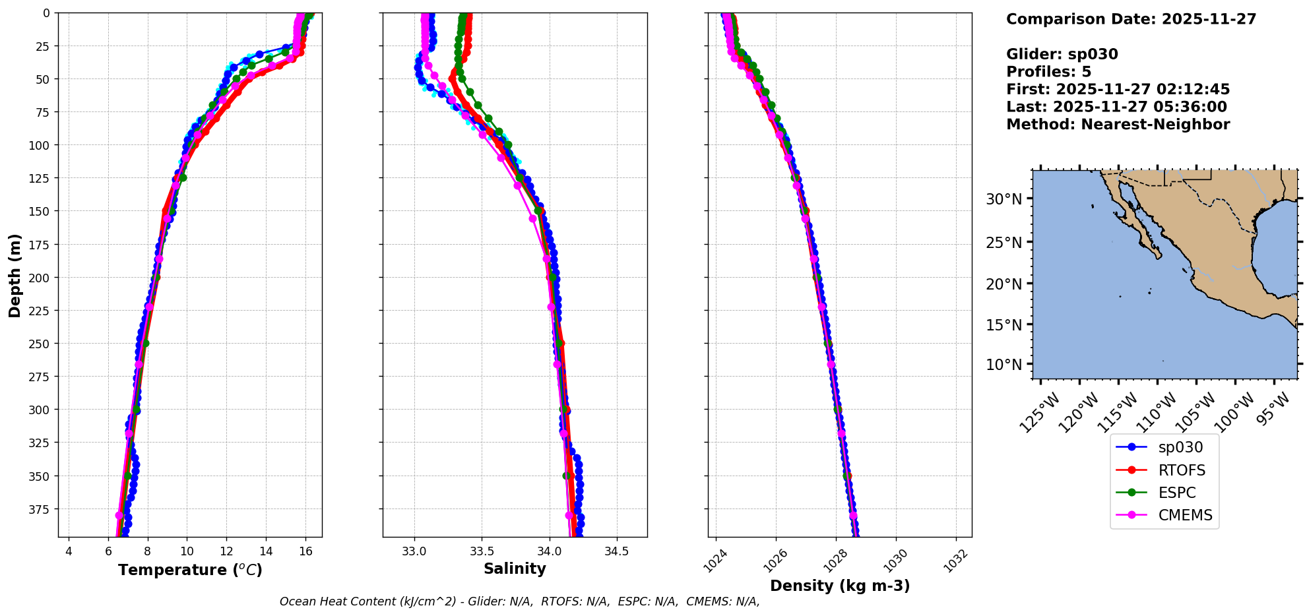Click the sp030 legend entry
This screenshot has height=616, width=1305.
[1180, 447]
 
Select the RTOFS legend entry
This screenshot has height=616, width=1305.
[1181, 470]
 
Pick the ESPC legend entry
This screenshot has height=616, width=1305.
[1176, 493]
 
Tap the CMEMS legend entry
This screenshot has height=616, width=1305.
[1185, 515]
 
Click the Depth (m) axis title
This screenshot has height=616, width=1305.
[15, 275]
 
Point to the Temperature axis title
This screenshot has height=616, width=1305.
[190, 570]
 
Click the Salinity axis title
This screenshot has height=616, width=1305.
[515, 569]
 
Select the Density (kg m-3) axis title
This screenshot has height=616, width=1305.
[840, 586]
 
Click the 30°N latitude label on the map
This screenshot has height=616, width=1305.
[1003, 199]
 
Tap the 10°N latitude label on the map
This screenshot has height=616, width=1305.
[1003, 365]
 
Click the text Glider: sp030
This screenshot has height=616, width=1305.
[1062, 54]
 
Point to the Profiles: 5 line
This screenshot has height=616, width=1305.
[1048, 72]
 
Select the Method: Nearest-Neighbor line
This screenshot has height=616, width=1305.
[1118, 125]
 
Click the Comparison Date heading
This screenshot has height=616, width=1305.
[1131, 19]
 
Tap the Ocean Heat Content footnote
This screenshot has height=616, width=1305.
[519, 601]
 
